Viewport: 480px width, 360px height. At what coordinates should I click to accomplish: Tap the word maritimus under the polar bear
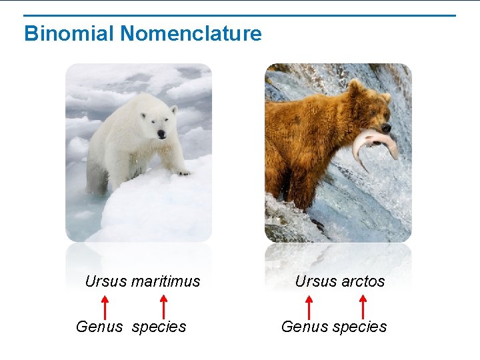tap(165, 281)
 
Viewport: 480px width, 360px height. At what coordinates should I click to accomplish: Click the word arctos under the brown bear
tap(363, 281)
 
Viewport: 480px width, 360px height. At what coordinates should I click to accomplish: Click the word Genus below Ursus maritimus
tap(99, 327)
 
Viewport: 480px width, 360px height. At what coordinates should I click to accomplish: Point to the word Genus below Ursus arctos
tap(305, 327)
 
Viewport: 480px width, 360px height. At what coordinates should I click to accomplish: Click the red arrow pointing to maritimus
tap(163, 306)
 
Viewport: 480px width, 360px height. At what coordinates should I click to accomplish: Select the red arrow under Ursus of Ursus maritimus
tap(105, 306)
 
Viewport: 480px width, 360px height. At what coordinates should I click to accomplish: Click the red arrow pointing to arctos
tap(363, 306)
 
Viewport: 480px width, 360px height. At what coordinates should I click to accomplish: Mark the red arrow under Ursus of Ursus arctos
tap(309, 306)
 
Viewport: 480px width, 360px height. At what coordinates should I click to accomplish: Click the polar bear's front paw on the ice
tap(181, 171)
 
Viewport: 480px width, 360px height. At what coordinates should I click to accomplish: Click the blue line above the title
tap(240, 15)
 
